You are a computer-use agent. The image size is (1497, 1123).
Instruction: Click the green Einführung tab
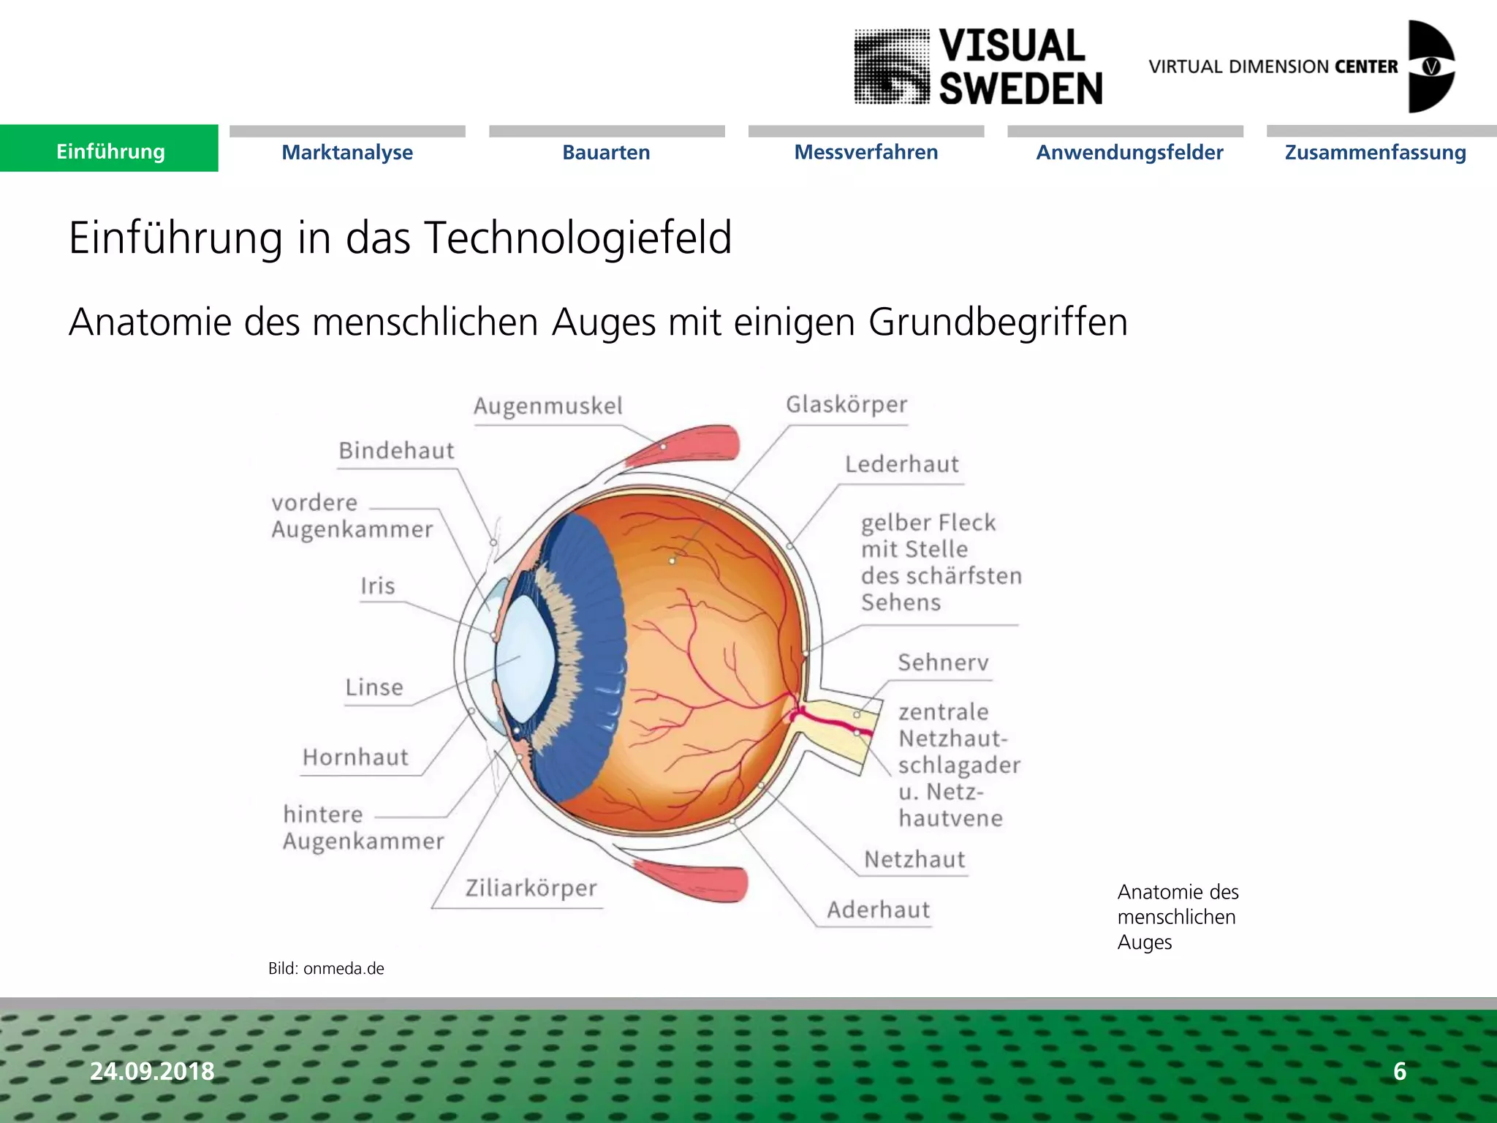(x=110, y=151)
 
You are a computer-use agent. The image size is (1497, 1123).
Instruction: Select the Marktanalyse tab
(x=347, y=152)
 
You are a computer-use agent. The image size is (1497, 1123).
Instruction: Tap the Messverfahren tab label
(x=866, y=152)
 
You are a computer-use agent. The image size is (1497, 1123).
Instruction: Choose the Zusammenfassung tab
(x=1375, y=152)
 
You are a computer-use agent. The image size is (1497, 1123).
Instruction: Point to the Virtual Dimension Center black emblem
(x=1430, y=67)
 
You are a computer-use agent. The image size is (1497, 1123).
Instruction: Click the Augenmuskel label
(x=548, y=406)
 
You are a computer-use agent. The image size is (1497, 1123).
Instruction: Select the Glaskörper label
(x=846, y=404)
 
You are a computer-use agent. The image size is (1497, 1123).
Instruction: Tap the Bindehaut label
(x=396, y=450)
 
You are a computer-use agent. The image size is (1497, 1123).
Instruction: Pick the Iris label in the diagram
(x=377, y=586)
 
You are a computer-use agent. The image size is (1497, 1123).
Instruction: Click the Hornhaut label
(x=355, y=757)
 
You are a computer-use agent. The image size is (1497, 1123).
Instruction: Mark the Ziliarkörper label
(x=531, y=888)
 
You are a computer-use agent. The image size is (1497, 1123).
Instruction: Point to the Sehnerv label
(x=943, y=662)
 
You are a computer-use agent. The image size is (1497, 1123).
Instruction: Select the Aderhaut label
(x=879, y=910)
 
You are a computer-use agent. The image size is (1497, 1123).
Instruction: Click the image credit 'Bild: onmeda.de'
(x=326, y=969)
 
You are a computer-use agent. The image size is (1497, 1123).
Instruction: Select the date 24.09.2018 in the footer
(x=152, y=1071)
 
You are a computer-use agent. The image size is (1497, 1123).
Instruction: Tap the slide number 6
(x=1400, y=1071)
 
